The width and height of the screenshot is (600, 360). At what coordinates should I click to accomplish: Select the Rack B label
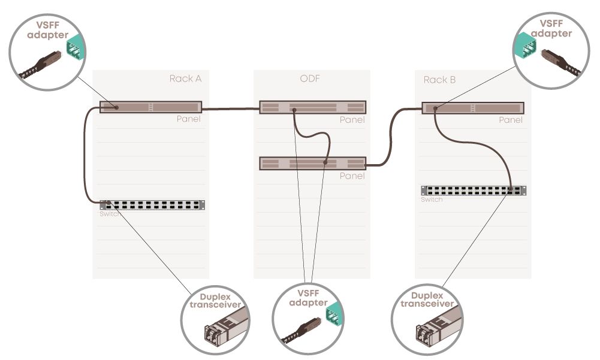(x=439, y=80)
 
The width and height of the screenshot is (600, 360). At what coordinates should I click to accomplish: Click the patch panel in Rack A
(x=150, y=107)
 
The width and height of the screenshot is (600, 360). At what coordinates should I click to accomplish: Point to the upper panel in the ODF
(x=312, y=107)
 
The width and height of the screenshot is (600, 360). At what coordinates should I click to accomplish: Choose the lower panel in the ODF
(x=312, y=163)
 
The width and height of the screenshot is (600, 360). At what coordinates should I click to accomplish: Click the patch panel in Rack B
(x=473, y=108)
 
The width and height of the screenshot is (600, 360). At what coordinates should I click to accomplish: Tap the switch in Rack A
(x=152, y=205)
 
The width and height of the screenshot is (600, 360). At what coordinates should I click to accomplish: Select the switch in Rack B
(x=474, y=190)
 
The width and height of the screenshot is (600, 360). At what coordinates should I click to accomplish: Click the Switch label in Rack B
(x=432, y=199)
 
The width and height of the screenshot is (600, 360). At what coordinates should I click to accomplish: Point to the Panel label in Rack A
(x=188, y=119)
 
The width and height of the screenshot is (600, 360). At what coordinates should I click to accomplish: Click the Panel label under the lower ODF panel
(x=352, y=176)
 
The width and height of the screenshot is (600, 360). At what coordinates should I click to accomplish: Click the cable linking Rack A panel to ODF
(x=231, y=109)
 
